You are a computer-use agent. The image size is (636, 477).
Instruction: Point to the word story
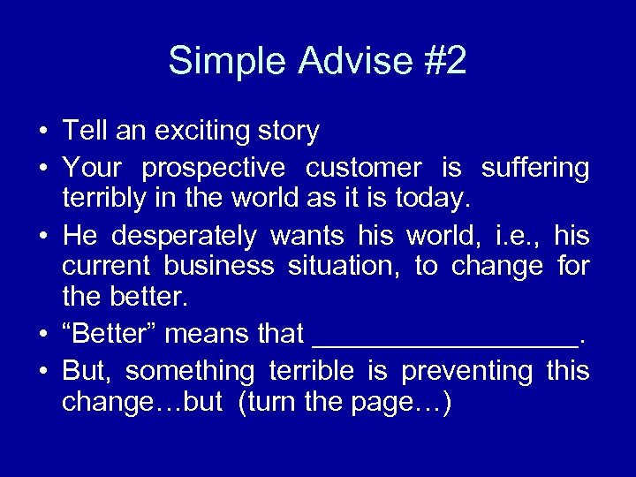[290, 132]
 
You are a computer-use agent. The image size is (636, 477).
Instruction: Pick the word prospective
[214, 167]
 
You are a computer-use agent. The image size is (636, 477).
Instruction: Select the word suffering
[534, 167]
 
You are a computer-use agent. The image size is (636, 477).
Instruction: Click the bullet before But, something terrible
[42, 370]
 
